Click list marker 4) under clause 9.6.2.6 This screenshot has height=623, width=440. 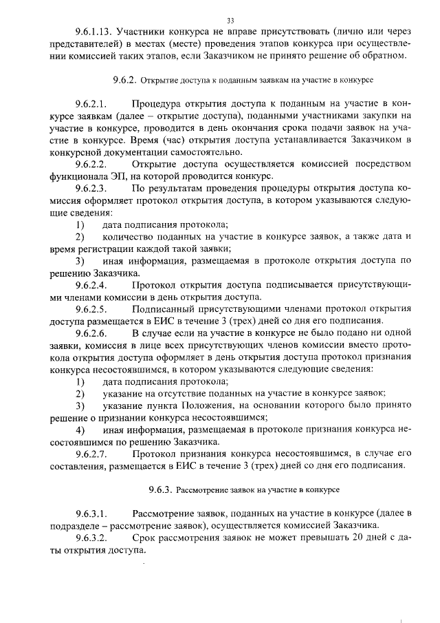pyautogui.click(x=80, y=430)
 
